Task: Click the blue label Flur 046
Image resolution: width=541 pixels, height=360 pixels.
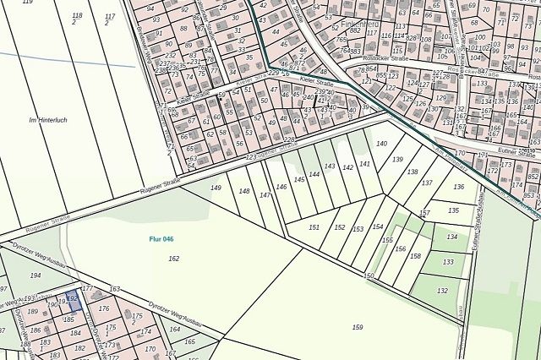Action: point(161,239)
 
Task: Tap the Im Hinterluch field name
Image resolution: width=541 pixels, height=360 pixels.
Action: point(47,120)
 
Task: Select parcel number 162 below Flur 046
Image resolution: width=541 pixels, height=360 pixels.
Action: point(174,258)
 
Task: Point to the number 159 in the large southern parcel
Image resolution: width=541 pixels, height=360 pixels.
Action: point(358,326)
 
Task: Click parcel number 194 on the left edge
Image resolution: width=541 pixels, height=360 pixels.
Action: point(36,275)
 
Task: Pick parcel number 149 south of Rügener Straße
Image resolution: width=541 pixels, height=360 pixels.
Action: point(216,188)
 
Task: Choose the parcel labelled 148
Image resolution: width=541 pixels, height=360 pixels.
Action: point(244,192)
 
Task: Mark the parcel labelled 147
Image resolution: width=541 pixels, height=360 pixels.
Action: point(265,195)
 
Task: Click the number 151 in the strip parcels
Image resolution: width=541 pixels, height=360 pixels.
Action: point(314,227)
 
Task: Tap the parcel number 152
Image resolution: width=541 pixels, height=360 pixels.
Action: point(339,227)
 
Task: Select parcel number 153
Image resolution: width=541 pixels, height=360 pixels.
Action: point(358,229)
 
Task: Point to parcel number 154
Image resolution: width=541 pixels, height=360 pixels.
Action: point(378,226)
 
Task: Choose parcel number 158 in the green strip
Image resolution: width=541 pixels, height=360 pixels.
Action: point(415,256)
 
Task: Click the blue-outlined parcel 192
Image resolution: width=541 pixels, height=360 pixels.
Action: point(72,297)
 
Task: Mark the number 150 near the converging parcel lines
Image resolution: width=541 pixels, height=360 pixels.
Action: point(369,275)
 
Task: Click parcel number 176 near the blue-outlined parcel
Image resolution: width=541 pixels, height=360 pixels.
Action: point(104,308)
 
